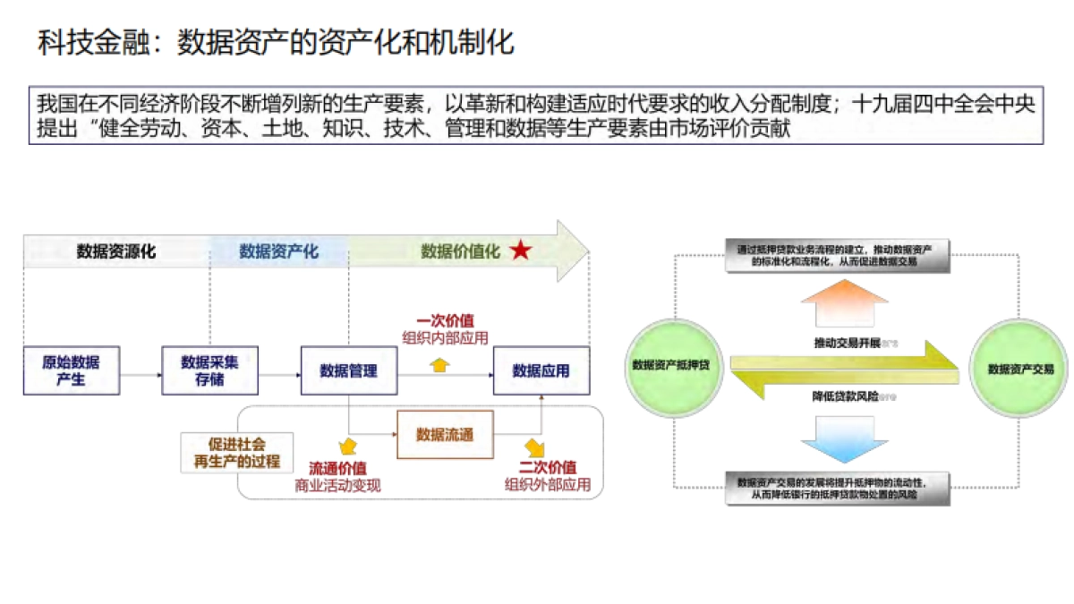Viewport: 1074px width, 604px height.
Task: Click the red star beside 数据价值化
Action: tap(520, 251)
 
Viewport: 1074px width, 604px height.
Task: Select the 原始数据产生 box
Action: tap(72, 370)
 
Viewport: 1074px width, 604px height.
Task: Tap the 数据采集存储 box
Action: tap(209, 370)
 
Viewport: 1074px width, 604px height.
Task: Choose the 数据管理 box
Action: tap(348, 370)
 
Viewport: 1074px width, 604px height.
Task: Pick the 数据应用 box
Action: tap(541, 370)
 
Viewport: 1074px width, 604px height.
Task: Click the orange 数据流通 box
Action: tap(444, 435)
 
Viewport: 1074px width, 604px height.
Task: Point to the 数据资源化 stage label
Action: tap(116, 251)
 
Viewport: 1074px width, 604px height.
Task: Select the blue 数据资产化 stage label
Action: tap(278, 251)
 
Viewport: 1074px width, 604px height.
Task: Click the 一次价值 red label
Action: tap(445, 320)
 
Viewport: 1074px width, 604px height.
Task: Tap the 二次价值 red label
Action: tap(548, 468)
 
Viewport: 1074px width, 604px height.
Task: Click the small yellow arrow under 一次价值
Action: tap(439, 364)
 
